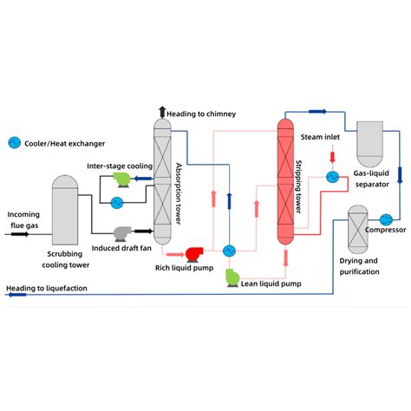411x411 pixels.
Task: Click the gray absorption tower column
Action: pos(162,179)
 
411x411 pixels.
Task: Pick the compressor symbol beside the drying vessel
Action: pos(387,216)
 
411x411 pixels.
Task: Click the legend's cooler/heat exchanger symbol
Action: pos(14,142)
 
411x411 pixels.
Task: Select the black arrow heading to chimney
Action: pos(161,112)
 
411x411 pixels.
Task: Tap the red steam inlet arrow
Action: pos(332,157)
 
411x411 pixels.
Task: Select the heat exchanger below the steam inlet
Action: pos(332,176)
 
